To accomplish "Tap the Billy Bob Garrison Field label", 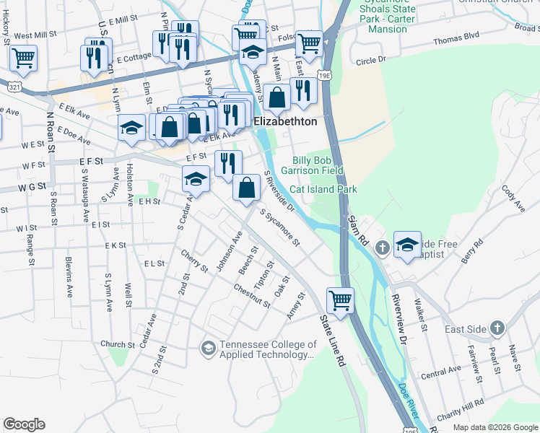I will [x=317, y=166].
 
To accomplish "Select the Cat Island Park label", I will [x=323, y=189].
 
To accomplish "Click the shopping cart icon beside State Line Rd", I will [x=340, y=299].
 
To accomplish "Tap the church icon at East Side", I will [x=497, y=329].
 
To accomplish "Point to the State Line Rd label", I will [x=331, y=340].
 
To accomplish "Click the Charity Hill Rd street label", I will [x=460, y=411].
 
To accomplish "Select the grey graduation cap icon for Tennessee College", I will [x=208, y=349].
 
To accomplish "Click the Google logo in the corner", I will [x=24, y=424].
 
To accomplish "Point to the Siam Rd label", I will [x=357, y=231].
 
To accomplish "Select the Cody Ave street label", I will [x=512, y=201].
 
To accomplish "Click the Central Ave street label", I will [x=440, y=371].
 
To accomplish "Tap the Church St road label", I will [x=113, y=344].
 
